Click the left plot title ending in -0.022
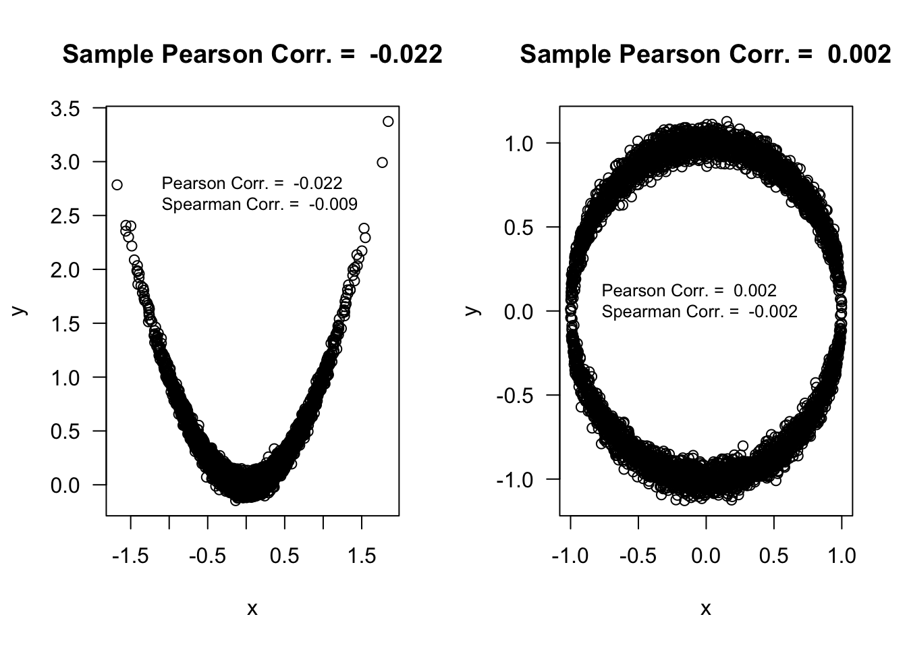[x=252, y=54]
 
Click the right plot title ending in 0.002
[x=705, y=54]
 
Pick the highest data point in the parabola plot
[x=388, y=122]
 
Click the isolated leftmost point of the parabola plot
[x=117, y=185]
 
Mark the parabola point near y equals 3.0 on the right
[x=382, y=163]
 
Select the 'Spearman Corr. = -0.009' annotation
[x=260, y=204]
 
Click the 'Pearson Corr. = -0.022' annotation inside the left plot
[x=252, y=183]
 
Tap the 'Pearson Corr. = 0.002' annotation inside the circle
[x=689, y=290]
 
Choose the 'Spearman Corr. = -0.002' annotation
[x=699, y=311]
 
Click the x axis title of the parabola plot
[x=252, y=609]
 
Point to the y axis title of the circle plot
[x=472, y=310]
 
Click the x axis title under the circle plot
[x=706, y=609]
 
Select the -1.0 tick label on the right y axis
[x=515, y=479]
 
